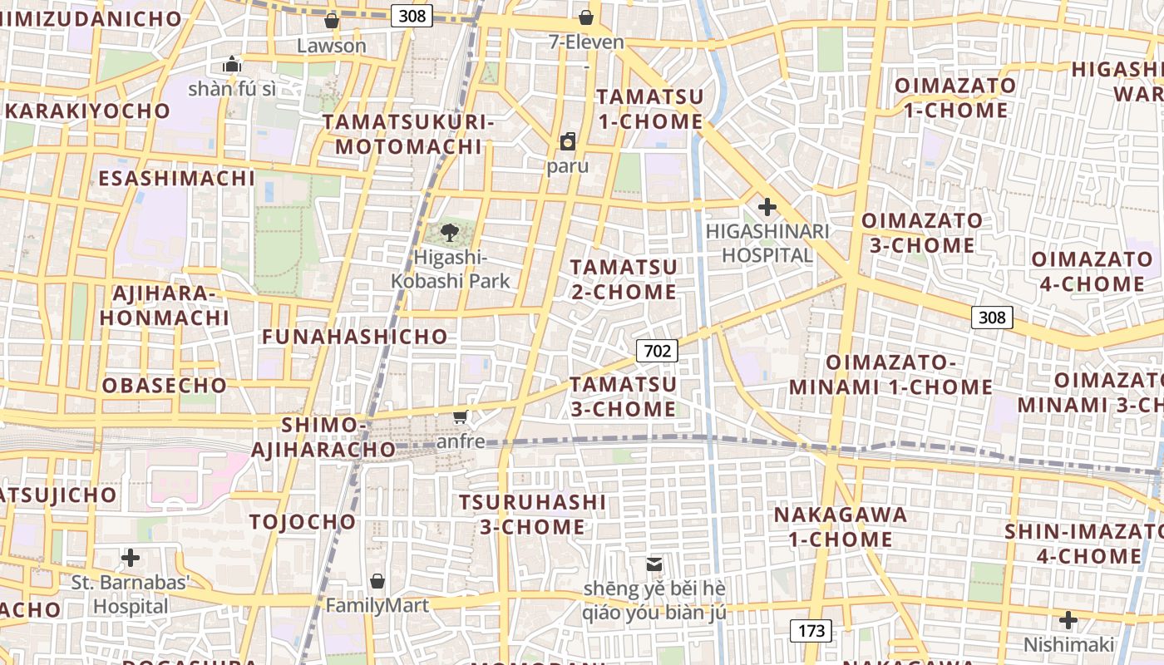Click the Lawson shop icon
click(x=331, y=20)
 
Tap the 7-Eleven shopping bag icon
click(x=586, y=17)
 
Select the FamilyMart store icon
click(x=377, y=580)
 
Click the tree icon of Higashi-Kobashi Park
click(x=450, y=232)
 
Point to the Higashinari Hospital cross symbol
click(x=767, y=206)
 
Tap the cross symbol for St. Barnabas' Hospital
click(x=130, y=557)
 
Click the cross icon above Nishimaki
click(x=1068, y=620)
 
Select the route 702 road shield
click(x=657, y=351)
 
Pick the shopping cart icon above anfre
click(x=461, y=416)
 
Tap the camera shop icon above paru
click(x=568, y=141)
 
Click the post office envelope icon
click(x=654, y=564)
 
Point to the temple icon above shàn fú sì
click(x=231, y=63)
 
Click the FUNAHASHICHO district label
click(x=355, y=337)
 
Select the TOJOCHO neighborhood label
click(x=303, y=522)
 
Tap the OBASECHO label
click(x=165, y=386)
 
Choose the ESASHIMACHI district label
click(x=176, y=179)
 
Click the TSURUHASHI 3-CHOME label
click(x=533, y=515)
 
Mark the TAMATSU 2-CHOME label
click(x=624, y=279)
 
